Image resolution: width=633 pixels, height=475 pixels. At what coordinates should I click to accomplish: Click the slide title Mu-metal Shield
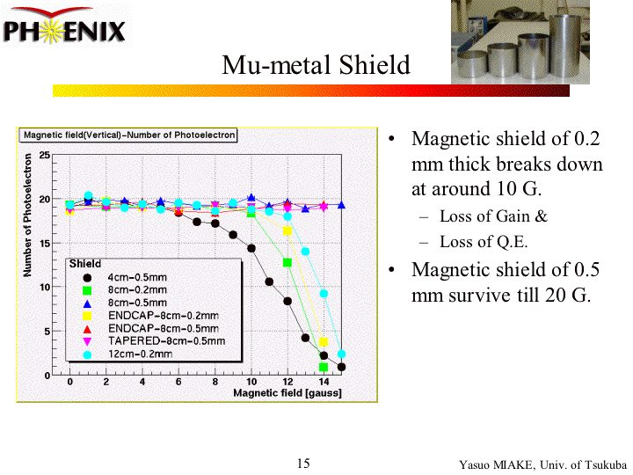(316, 65)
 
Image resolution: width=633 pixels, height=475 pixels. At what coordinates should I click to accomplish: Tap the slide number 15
(303, 464)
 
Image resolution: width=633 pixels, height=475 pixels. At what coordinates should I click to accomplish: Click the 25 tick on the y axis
(44, 156)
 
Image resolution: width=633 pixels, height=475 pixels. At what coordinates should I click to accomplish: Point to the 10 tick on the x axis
(251, 382)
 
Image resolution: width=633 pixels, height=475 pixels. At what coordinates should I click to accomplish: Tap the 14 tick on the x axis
(323, 382)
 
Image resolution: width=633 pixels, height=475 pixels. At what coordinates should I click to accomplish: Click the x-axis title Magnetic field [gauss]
(287, 393)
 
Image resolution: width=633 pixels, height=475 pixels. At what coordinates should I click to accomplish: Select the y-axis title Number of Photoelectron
(29, 216)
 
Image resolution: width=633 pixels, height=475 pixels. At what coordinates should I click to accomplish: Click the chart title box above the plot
(128, 135)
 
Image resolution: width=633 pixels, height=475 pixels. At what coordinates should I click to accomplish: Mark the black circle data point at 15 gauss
(341, 367)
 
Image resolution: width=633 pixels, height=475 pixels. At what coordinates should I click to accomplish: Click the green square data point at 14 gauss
(324, 367)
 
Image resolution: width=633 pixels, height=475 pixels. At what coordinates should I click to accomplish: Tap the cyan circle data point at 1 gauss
(88, 196)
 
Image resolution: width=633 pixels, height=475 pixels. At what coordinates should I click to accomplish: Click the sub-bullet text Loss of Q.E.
(484, 242)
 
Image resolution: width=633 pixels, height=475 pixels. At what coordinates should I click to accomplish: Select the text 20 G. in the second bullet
(566, 295)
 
